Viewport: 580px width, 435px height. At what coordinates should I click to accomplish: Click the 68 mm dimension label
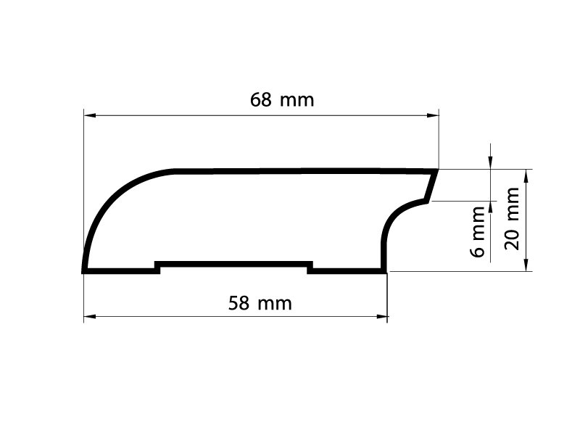click(x=282, y=100)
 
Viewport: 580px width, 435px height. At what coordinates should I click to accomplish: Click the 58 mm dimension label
click(x=260, y=303)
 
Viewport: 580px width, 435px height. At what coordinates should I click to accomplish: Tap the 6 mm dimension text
click(x=477, y=231)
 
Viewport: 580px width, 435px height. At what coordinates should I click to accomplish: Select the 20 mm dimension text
click(x=513, y=218)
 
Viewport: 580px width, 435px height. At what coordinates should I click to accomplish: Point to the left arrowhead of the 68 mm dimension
click(x=88, y=115)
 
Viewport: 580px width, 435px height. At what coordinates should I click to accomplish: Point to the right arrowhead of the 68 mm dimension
click(x=434, y=115)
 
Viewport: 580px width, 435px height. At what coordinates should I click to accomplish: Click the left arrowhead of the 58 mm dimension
click(x=88, y=316)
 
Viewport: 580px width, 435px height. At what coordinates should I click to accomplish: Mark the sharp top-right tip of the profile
click(x=436, y=170)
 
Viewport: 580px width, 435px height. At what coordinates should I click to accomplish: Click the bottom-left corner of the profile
click(x=85, y=271)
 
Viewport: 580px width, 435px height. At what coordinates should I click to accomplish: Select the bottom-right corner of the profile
click(x=385, y=271)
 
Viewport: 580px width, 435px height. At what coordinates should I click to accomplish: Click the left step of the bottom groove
click(x=158, y=267)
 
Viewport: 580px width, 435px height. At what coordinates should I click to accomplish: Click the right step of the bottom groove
click(x=310, y=267)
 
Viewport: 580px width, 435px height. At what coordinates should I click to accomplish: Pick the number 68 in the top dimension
click(x=261, y=100)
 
